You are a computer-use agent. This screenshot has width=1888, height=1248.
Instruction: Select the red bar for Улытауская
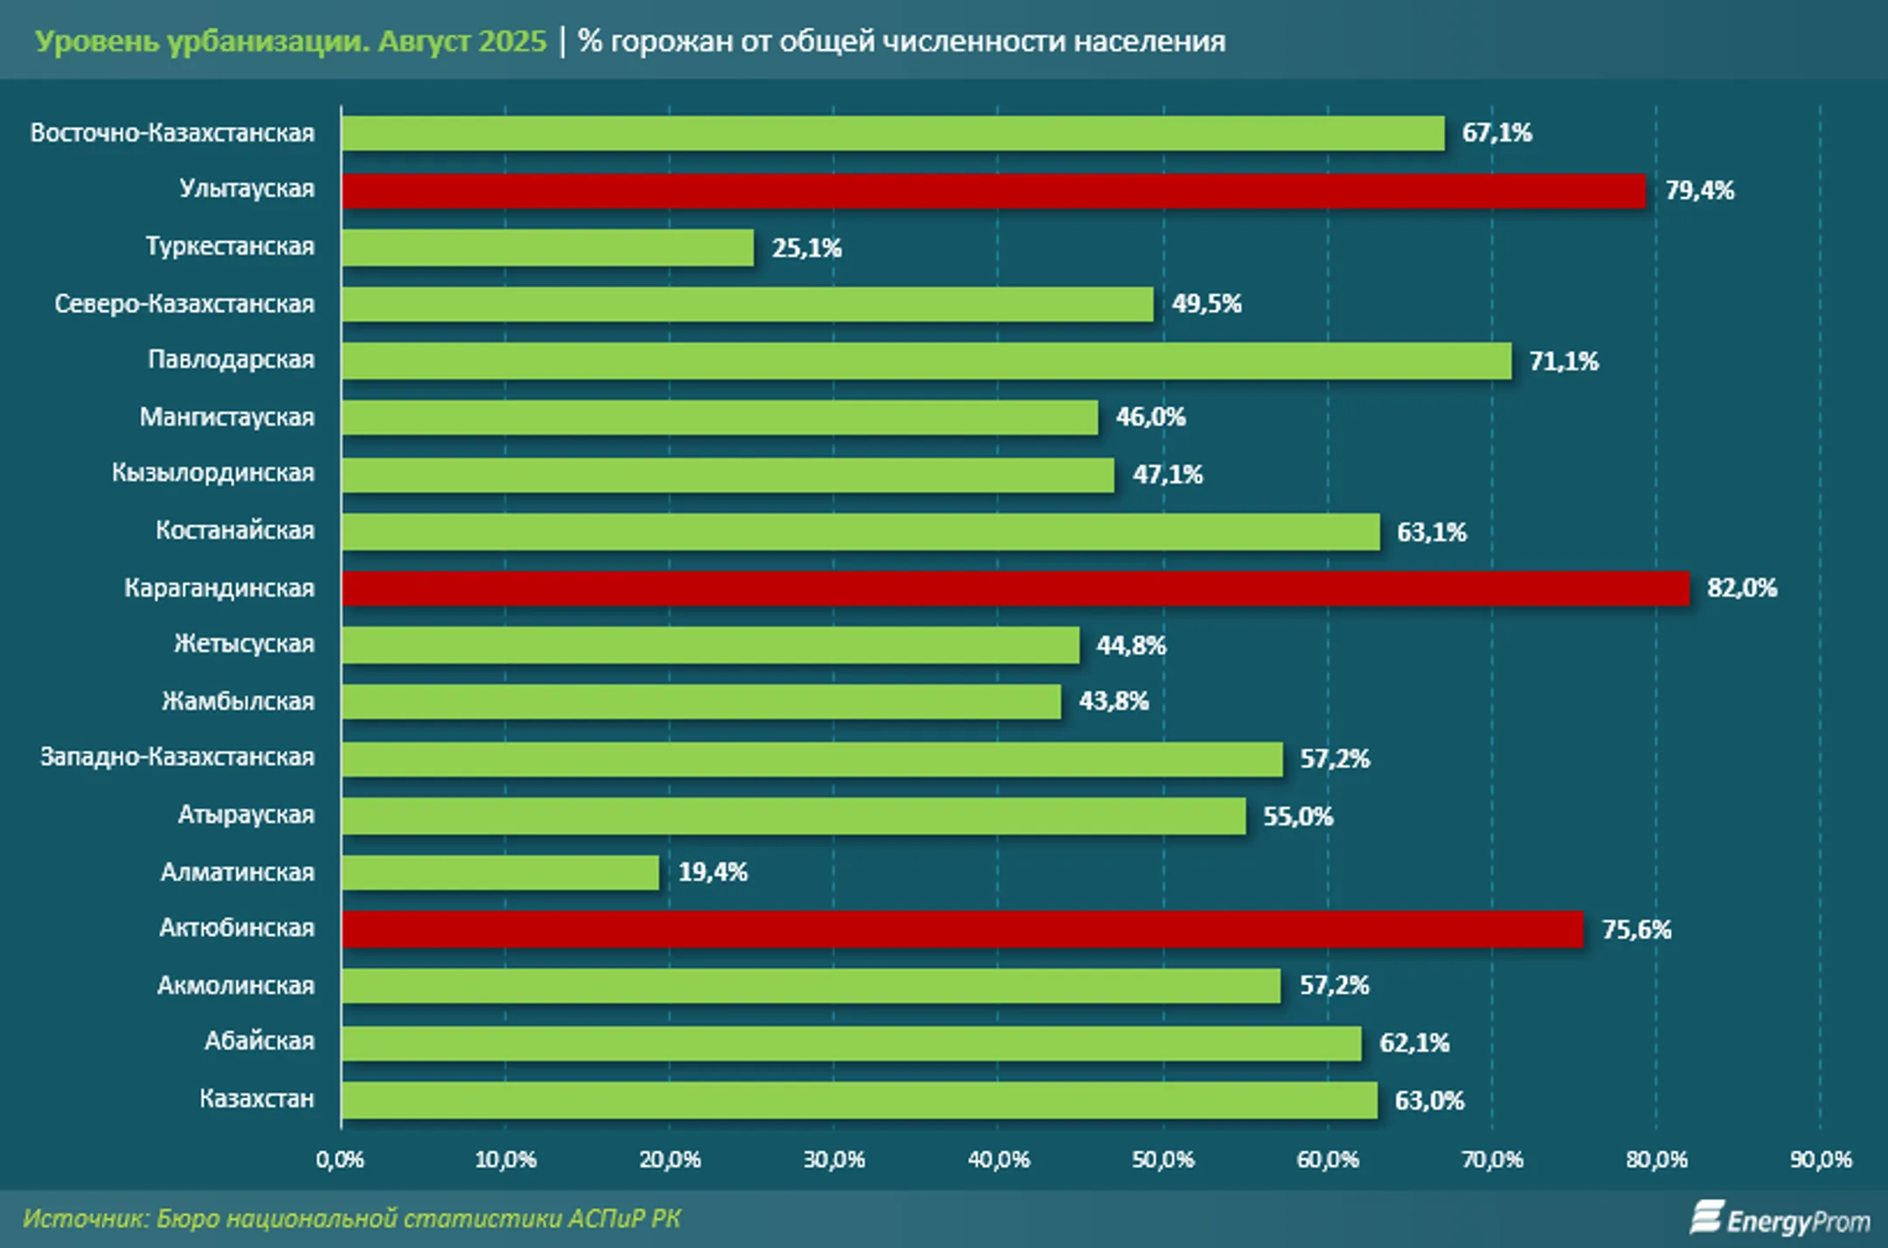click(x=994, y=191)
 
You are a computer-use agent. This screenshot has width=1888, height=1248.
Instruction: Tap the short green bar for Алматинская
click(x=501, y=872)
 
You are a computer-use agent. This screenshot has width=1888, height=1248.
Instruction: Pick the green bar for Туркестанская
click(x=548, y=248)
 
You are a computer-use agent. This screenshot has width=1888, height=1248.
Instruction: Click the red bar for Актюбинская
click(x=962, y=929)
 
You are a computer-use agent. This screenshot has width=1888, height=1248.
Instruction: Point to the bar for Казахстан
click(x=859, y=1100)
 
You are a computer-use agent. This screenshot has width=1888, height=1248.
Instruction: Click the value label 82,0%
click(x=1742, y=588)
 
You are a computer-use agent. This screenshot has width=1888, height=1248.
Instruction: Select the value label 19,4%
click(x=713, y=872)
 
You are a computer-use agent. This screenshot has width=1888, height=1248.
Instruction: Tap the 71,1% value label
click(x=1564, y=362)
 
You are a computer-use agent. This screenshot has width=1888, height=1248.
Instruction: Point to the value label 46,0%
click(x=1150, y=418)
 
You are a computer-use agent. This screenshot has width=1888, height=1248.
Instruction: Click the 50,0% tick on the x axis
click(x=1163, y=1160)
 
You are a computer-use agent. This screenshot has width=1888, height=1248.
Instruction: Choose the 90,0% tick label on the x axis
click(x=1821, y=1160)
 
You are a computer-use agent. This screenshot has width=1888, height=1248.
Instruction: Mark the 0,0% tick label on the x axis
click(x=340, y=1160)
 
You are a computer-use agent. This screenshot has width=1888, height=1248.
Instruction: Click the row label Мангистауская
click(x=227, y=418)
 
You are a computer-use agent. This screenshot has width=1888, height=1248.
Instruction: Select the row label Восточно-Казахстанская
click(x=172, y=133)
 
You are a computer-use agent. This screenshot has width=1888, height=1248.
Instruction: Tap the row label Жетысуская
click(x=244, y=644)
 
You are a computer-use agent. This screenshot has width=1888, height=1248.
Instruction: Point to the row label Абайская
click(x=260, y=1042)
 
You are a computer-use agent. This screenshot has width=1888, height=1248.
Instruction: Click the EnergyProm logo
click(x=1780, y=1218)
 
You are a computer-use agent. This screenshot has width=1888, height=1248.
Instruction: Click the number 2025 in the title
click(x=511, y=41)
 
